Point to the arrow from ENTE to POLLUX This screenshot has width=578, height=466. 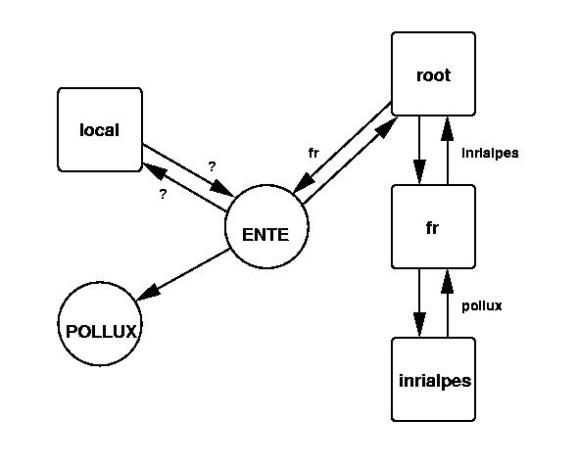click(x=183, y=274)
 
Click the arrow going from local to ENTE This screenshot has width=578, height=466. click(x=188, y=170)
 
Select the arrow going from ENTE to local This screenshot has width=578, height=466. click(x=184, y=187)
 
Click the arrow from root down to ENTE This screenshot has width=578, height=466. click(x=343, y=148)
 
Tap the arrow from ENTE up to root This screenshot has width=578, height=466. click(x=350, y=161)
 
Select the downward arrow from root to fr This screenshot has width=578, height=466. click(x=419, y=151)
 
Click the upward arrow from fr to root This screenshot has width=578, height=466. click(x=447, y=151)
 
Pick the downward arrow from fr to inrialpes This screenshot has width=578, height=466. click(x=419, y=303)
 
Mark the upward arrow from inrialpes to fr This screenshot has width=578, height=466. click(x=447, y=303)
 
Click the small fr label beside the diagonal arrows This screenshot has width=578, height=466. click(x=313, y=153)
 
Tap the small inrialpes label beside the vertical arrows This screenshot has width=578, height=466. click(x=490, y=153)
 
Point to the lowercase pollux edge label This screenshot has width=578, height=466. click(x=482, y=305)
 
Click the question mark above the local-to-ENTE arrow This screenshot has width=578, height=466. click(x=212, y=166)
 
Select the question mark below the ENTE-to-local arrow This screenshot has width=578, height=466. click(x=163, y=194)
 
